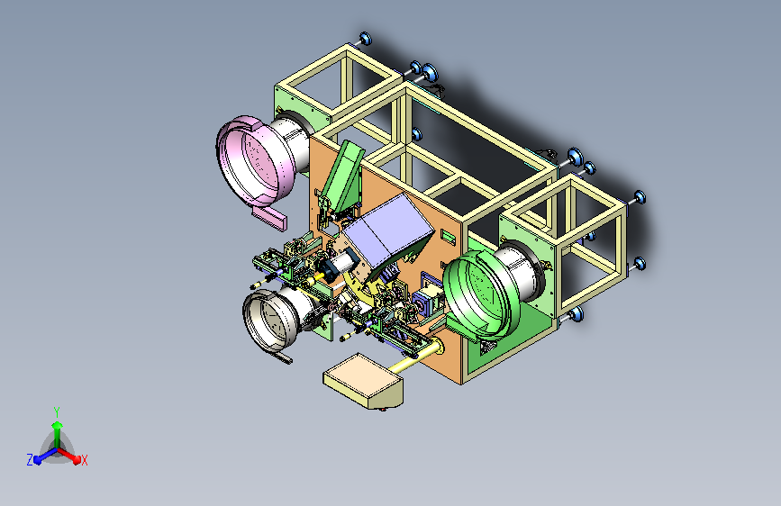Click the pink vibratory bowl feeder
[x=254, y=160]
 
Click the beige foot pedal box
[x=363, y=381]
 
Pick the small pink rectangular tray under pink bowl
[x=269, y=218]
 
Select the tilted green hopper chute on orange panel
[x=343, y=178]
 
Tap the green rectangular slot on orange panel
[x=448, y=238]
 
